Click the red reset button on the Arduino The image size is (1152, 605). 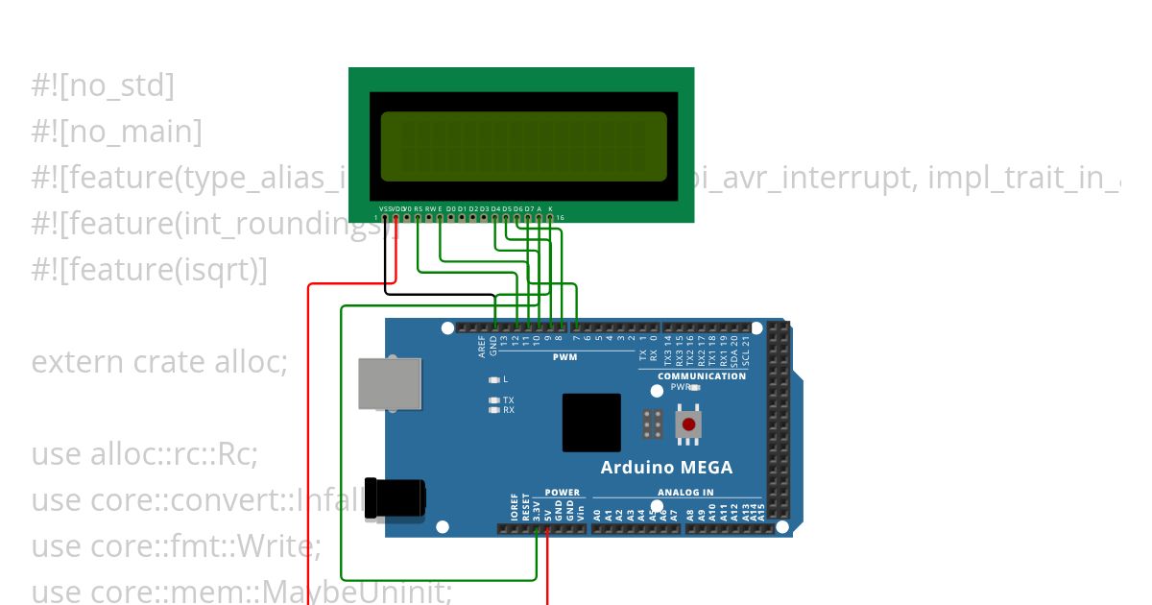point(688,423)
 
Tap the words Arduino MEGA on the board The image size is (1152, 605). point(666,468)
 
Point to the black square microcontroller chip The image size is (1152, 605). point(591,423)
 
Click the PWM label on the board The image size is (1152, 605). point(564,357)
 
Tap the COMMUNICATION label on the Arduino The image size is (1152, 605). point(702,375)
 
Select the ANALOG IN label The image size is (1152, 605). point(685,493)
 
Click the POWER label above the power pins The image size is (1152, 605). point(563,493)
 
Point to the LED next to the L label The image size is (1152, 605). point(494,379)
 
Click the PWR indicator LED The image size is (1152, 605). point(694,387)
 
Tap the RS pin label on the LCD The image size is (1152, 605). point(418,208)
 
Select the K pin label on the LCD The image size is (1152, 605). point(550,208)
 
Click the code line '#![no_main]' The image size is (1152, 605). point(116,132)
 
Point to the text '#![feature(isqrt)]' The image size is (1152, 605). point(149,270)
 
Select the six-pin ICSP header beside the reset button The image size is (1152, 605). point(654,423)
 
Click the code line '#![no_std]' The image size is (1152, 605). point(103,85)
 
